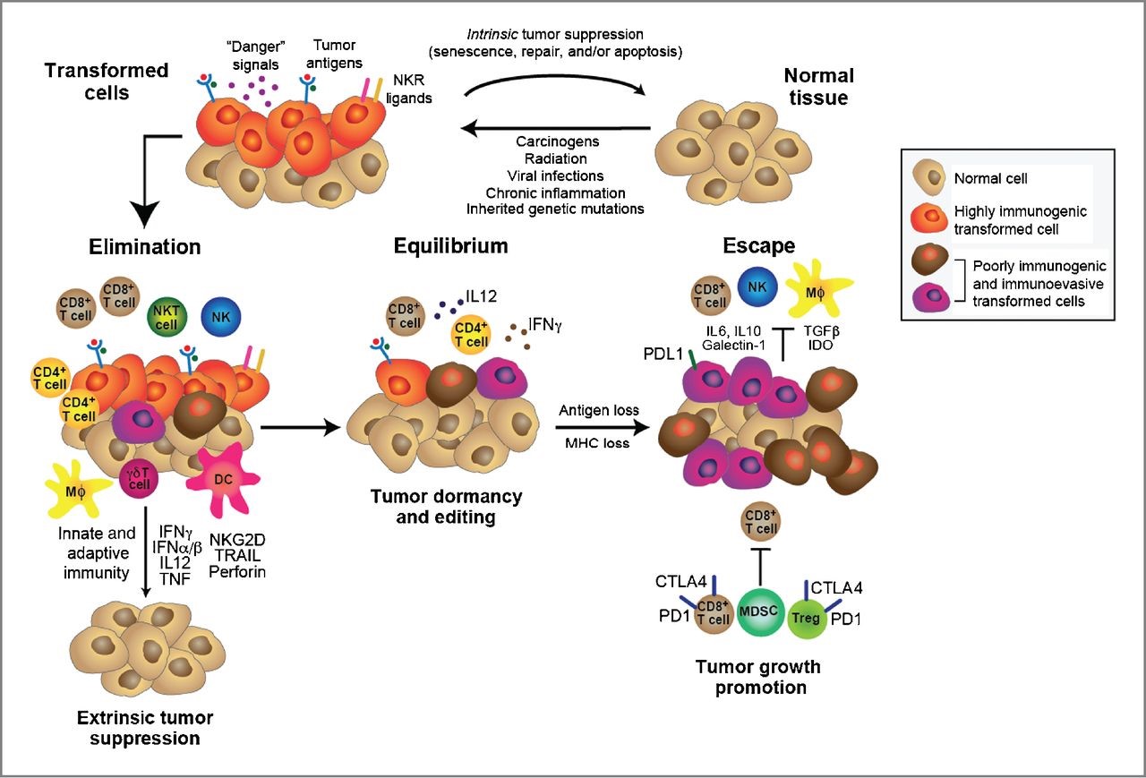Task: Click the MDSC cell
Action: tap(760, 611)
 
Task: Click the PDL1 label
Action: tap(659, 356)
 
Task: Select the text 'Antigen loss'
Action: tap(598, 410)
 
